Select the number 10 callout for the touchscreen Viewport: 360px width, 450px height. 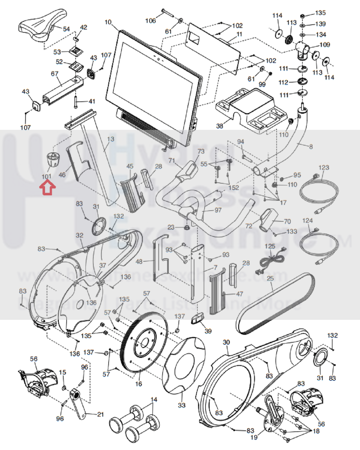(108, 22)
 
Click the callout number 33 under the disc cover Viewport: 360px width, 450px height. (182, 405)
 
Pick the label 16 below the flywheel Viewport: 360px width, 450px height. (138, 384)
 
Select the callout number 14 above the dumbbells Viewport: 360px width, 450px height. (154, 400)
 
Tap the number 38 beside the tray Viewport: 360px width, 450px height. (220, 126)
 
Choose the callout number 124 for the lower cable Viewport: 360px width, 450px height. (307, 221)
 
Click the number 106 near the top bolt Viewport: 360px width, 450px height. (151, 20)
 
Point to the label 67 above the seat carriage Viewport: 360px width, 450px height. (55, 74)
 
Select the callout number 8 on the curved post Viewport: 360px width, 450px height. (311, 146)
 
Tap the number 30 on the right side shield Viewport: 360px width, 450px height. (226, 342)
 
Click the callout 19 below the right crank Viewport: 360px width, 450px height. (254, 437)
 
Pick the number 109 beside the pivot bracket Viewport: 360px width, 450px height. (325, 45)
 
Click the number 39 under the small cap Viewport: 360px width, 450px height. (208, 331)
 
